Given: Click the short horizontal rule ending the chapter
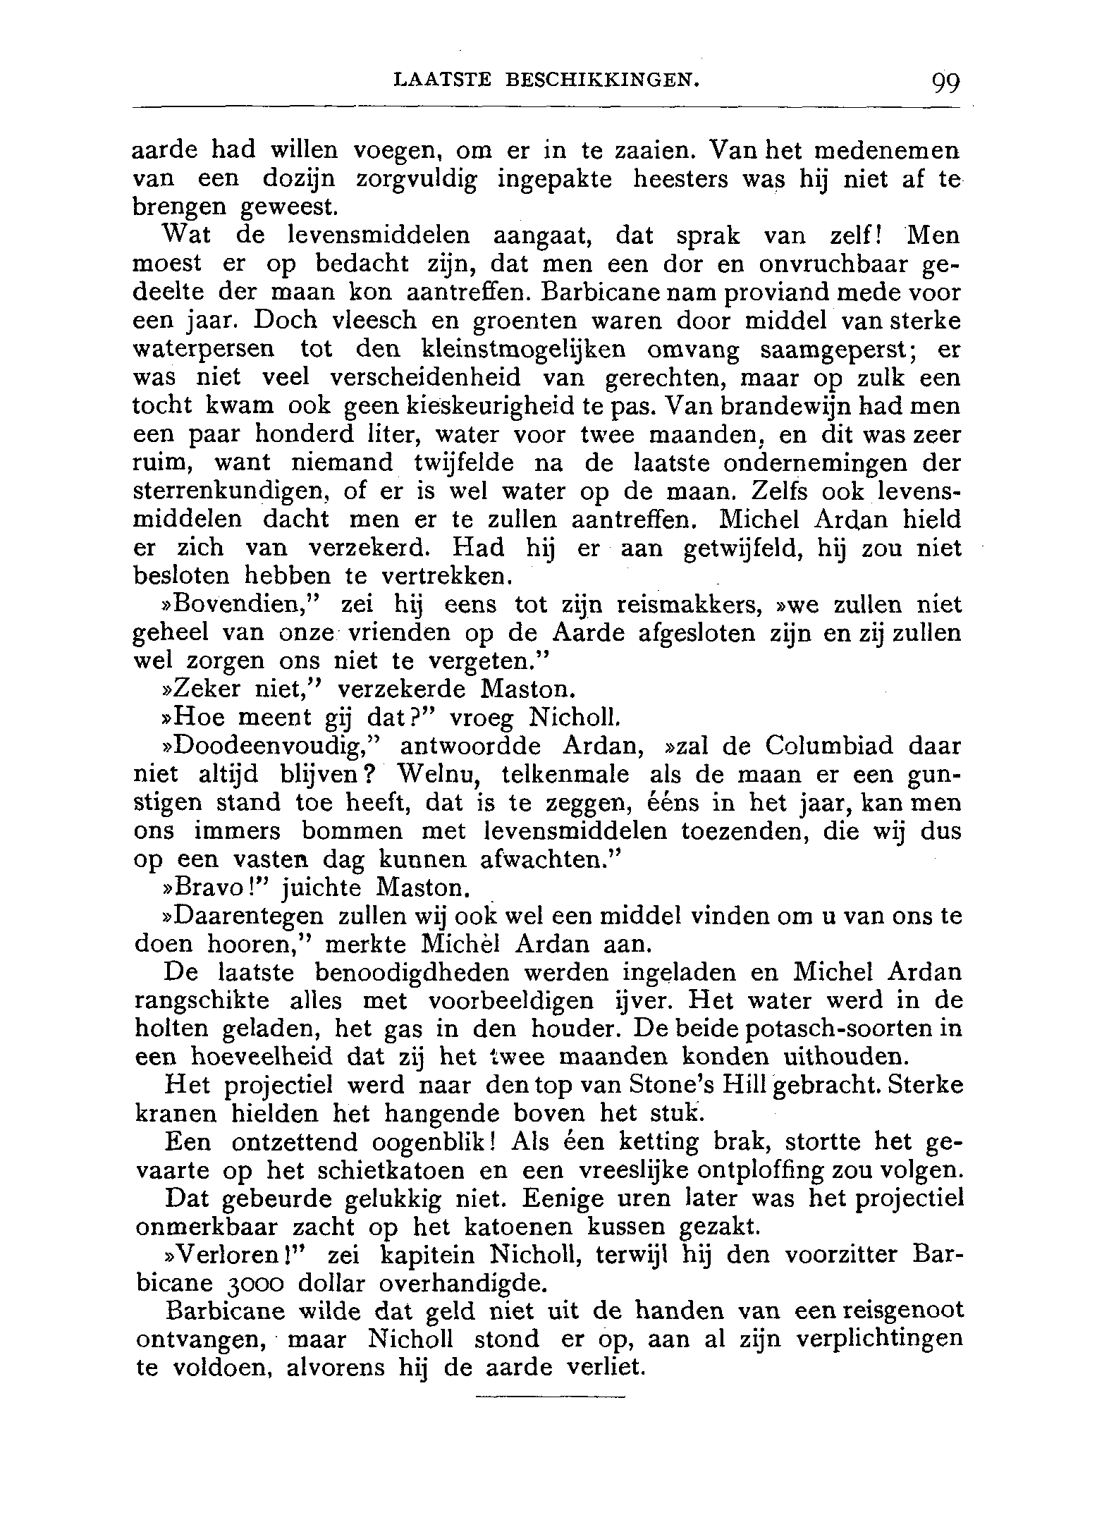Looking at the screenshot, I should [x=551, y=1397].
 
